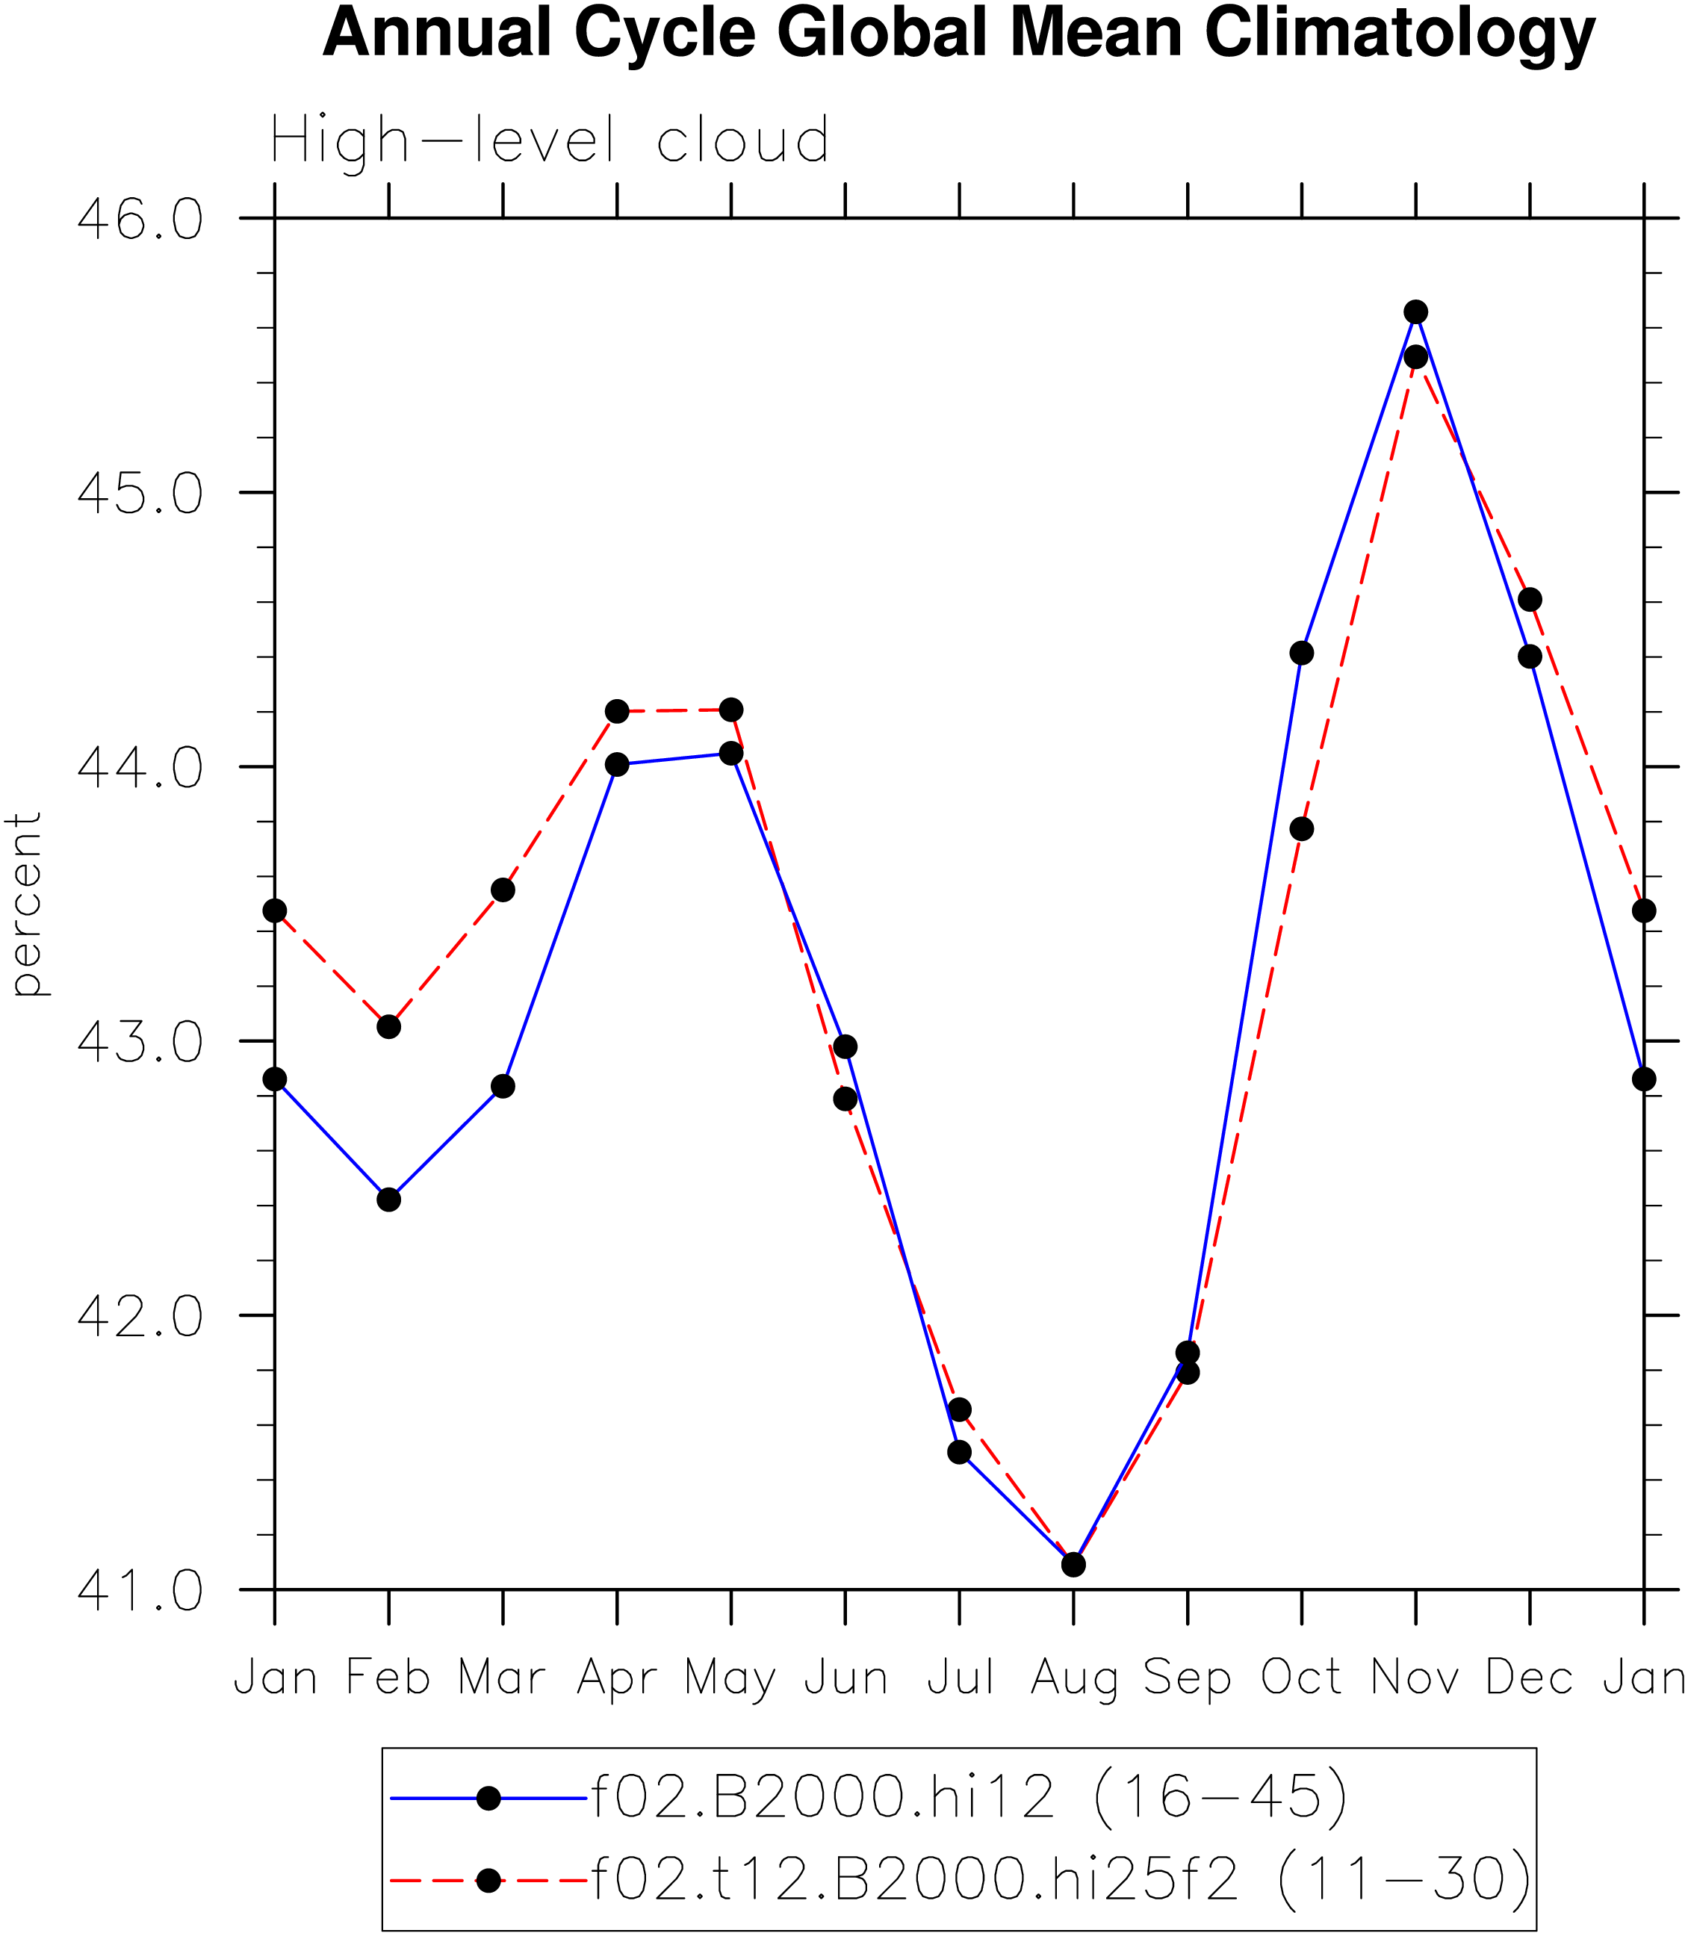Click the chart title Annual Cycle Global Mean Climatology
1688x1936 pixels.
959,34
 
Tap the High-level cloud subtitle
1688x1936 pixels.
550,141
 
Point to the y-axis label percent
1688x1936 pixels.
25,904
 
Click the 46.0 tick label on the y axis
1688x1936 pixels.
140,220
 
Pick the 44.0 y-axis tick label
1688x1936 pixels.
140,768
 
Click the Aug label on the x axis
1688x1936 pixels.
1074,1678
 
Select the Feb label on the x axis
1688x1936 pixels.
388,1677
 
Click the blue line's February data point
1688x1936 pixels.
389,1200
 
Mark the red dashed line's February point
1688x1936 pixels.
389,1026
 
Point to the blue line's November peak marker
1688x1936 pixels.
1416,311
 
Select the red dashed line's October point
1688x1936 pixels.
1302,829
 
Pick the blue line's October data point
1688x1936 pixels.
1302,653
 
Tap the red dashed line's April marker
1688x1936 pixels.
617,711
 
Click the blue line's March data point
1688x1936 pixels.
503,1086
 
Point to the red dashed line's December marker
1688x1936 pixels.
1530,599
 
